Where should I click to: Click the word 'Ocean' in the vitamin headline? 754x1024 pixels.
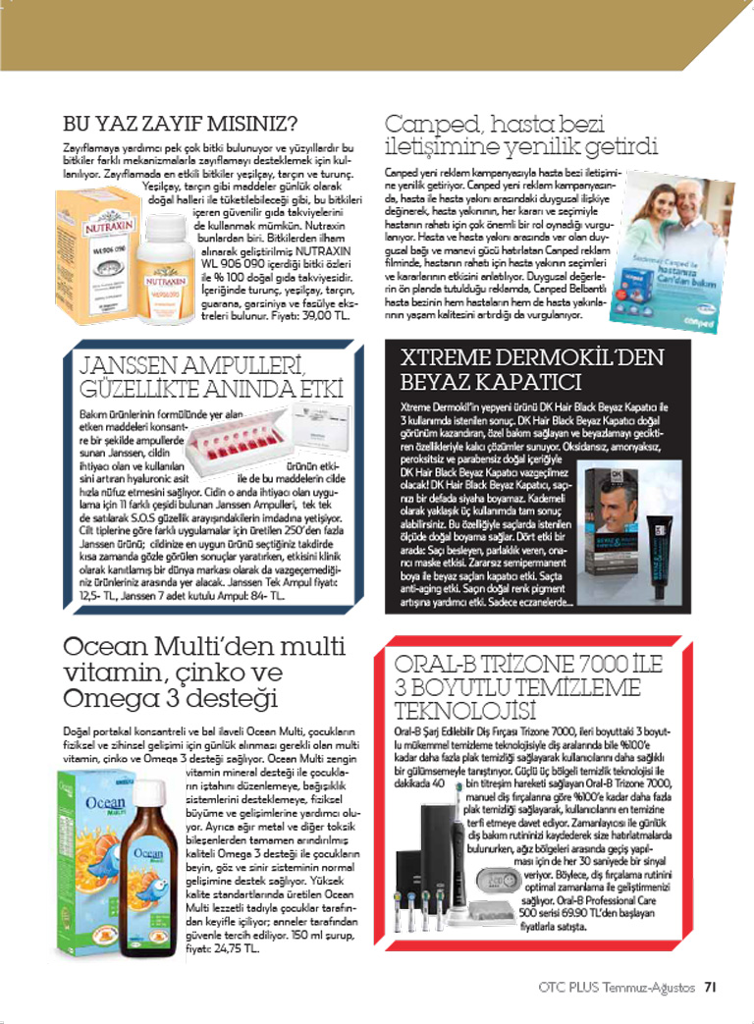coord(104,650)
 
